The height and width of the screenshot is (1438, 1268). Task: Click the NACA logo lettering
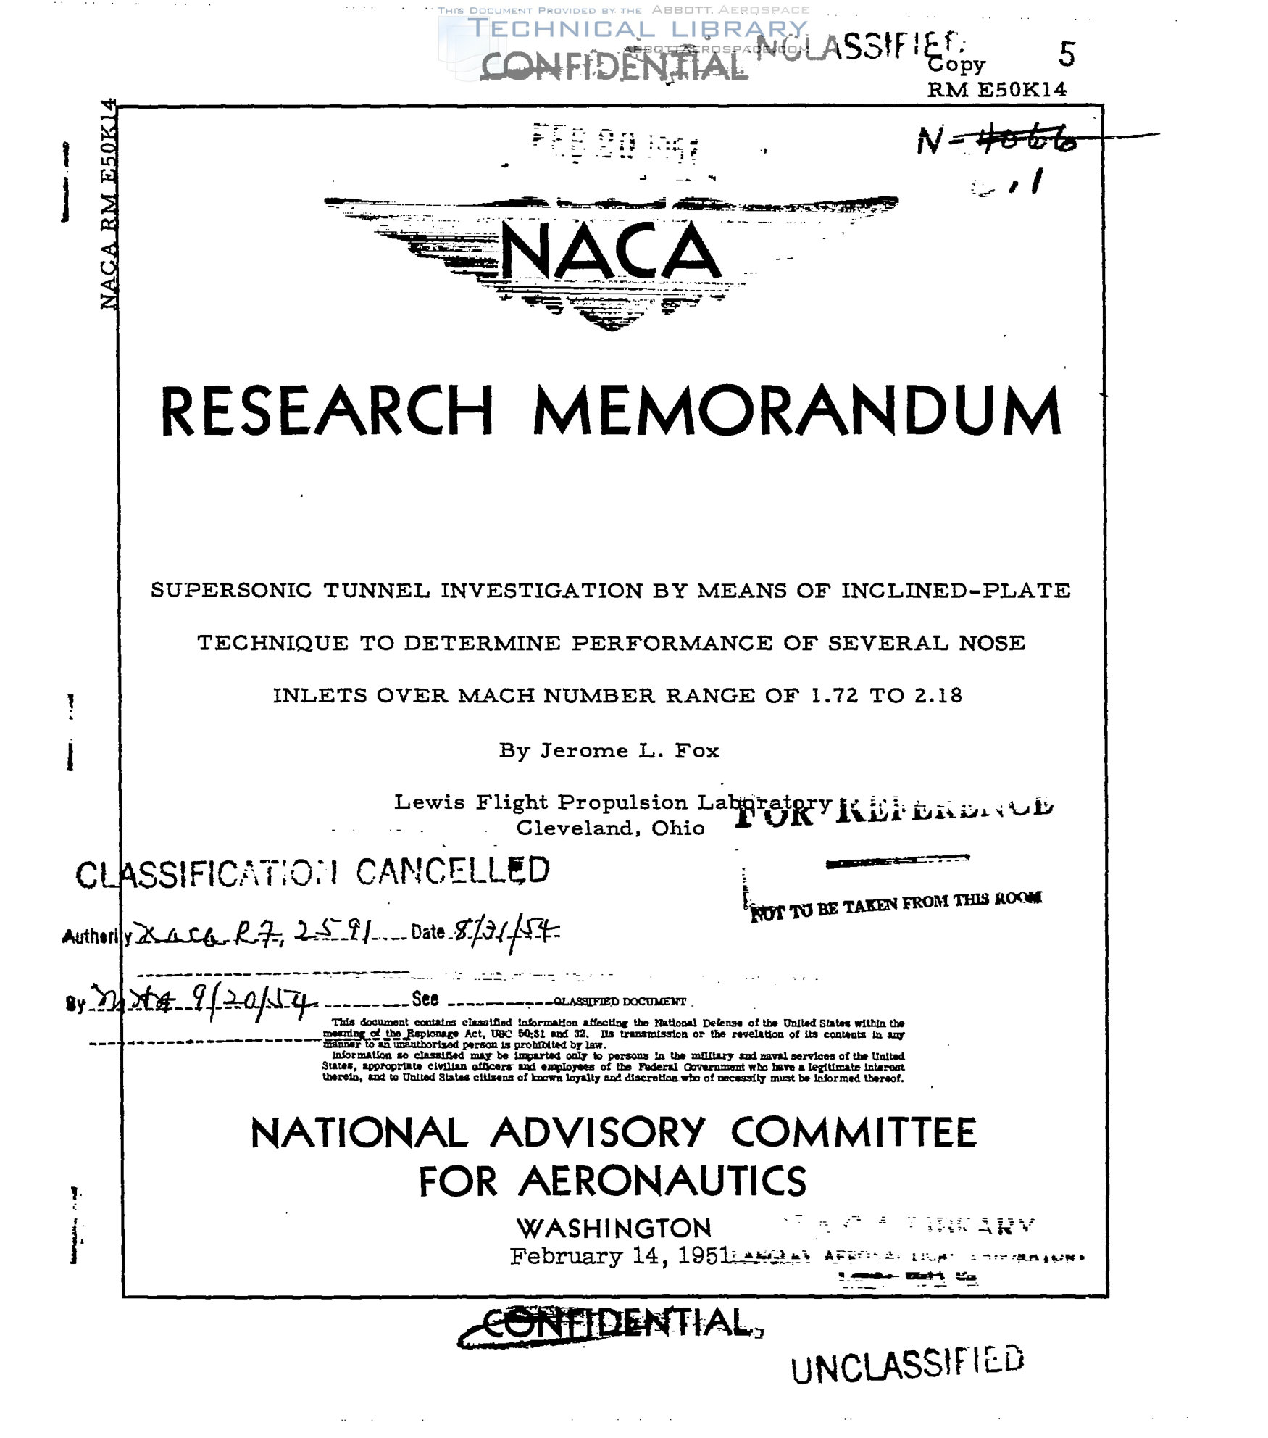tap(610, 252)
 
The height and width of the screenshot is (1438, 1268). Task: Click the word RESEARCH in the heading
tap(327, 411)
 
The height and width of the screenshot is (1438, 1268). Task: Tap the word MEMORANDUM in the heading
tap(797, 411)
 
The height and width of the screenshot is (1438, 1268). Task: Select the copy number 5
tap(1067, 54)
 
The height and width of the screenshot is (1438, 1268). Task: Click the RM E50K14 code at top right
tap(996, 89)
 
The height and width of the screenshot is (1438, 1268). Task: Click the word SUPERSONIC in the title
tap(231, 591)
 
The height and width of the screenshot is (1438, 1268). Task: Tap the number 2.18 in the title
tap(938, 696)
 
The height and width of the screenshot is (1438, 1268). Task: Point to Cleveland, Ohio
tap(610, 828)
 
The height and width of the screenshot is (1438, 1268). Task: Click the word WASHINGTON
tap(614, 1228)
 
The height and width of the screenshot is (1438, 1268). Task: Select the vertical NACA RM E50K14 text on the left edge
tap(109, 203)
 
